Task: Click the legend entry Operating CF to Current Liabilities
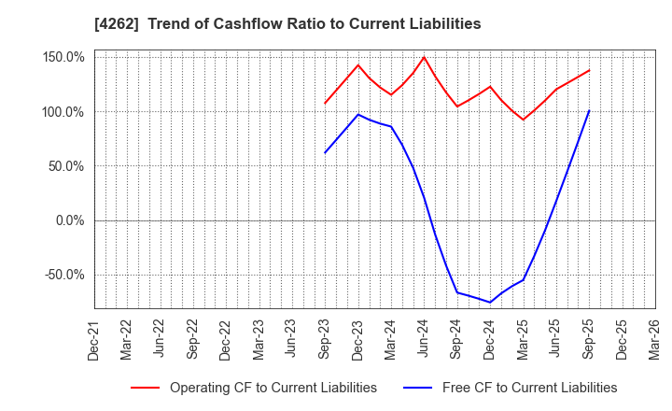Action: [x=273, y=388]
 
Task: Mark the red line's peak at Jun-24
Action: [x=424, y=57]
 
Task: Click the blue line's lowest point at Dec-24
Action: [x=490, y=303]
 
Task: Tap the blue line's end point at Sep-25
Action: [x=589, y=110]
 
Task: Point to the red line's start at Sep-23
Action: [x=325, y=104]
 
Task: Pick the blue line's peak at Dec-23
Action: [x=358, y=114]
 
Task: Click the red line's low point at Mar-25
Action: [x=523, y=120]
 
